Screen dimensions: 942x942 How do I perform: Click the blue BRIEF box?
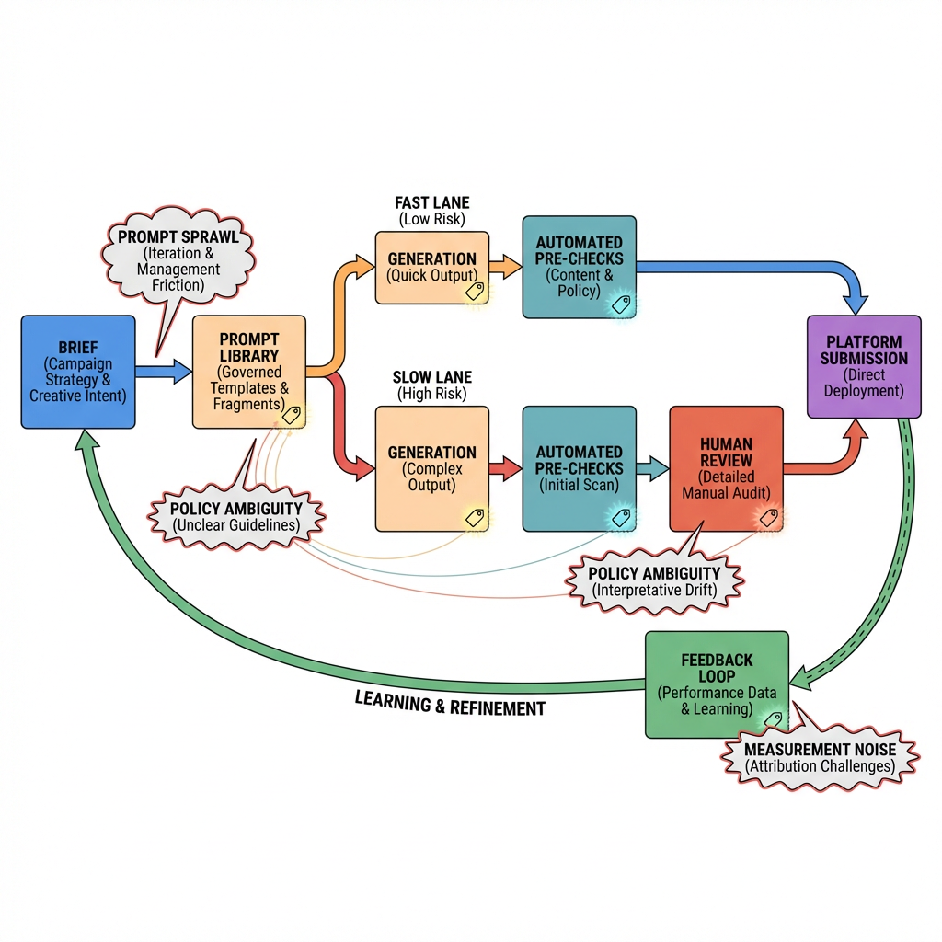point(78,372)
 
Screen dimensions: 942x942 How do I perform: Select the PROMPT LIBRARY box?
point(248,372)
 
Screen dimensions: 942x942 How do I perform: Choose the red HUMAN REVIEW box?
point(726,469)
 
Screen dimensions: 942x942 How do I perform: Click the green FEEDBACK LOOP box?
point(717,684)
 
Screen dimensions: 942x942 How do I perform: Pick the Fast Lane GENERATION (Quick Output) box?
point(431,267)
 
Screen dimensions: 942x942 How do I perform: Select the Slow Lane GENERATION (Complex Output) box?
point(431,469)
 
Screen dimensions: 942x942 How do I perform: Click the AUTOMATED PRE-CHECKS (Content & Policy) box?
point(579,267)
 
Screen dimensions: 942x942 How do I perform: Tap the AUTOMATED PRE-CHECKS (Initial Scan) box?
point(579,469)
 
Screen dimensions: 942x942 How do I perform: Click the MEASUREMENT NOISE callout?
point(820,758)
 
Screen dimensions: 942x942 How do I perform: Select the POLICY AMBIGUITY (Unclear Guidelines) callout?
point(237,516)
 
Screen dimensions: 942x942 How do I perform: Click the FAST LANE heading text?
point(431,202)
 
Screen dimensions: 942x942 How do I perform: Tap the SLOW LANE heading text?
point(431,377)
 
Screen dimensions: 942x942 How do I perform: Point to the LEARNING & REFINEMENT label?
point(450,704)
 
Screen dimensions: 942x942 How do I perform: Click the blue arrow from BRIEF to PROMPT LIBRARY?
point(163,372)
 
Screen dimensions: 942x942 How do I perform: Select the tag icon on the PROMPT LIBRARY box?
point(291,414)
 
